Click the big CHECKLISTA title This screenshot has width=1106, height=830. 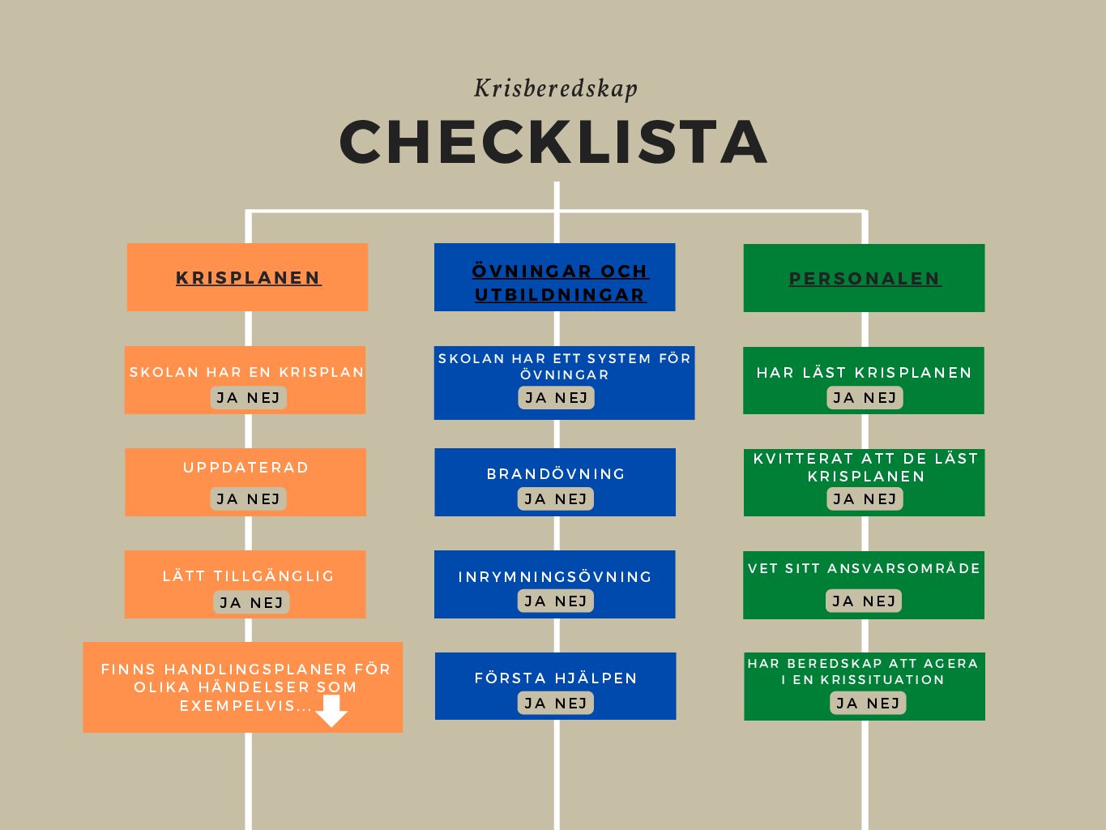coord(553,142)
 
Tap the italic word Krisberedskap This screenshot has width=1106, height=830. coord(556,88)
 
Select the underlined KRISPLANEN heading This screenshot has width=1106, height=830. coord(249,278)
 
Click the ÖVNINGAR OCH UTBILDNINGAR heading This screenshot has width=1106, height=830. coord(561,283)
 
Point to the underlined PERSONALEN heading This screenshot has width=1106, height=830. coord(865,278)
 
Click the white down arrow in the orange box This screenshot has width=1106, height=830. coord(331,711)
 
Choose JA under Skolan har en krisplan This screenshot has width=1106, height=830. coord(227,398)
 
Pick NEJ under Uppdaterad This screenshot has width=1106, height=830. coord(263,499)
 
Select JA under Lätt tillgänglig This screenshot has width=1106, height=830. coord(230,602)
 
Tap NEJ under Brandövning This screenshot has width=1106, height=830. coord(571,499)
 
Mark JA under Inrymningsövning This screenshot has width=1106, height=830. coord(535,601)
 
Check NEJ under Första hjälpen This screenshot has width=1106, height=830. coord(571,703)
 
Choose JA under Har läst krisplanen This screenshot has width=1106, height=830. coord(844,398)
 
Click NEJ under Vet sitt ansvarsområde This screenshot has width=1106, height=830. coord(879,601)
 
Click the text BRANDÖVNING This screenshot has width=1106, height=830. coord(556,473)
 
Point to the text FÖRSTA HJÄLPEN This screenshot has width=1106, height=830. coord(556,678)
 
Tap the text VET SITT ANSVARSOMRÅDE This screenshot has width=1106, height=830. coord(865,568)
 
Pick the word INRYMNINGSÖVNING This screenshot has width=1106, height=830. coord(555,576)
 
